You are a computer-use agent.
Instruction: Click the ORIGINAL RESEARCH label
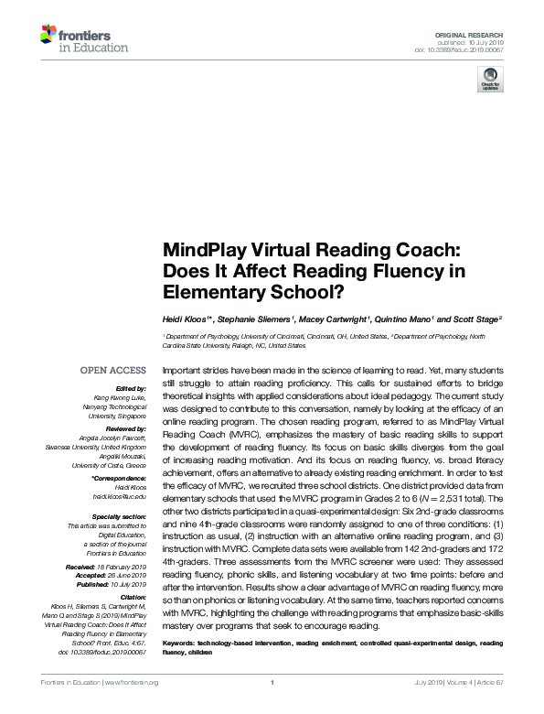point(481,33)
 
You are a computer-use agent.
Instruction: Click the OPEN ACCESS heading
point(113,371)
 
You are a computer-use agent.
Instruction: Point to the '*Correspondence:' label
point(119,479)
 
